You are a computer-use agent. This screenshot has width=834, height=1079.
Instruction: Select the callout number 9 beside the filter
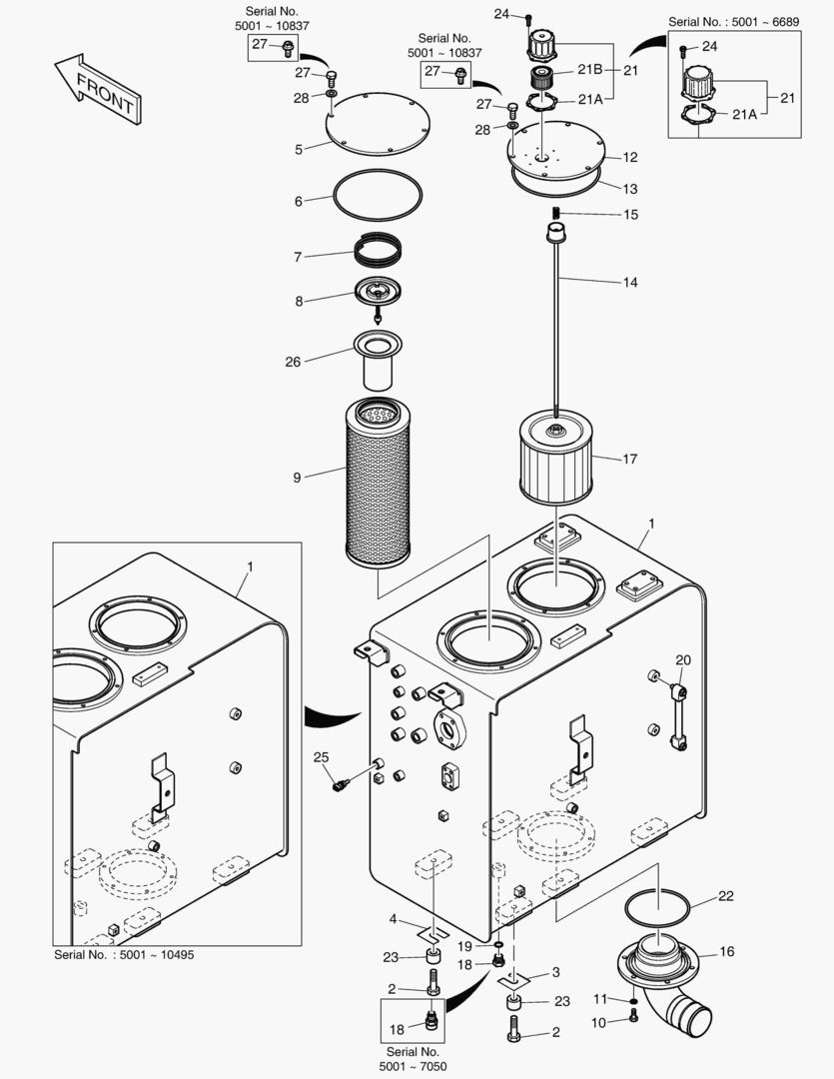[297, 478]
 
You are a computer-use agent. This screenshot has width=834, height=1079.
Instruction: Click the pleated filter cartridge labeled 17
[554, 459]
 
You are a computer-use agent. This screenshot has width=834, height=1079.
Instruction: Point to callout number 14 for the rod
[629, 283]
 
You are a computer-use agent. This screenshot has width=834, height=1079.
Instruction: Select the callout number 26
[293, 362]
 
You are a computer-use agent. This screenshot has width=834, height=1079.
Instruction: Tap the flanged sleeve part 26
[377, 359]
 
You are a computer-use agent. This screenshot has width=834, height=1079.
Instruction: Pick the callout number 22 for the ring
[726, 895]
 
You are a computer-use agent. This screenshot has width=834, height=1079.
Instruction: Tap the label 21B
[588, 69]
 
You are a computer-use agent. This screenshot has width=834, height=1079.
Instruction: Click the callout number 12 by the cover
[629, 157]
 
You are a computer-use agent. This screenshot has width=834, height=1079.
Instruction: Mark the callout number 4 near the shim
[394, 919]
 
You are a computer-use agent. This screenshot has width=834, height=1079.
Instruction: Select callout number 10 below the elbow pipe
[598, 1022]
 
